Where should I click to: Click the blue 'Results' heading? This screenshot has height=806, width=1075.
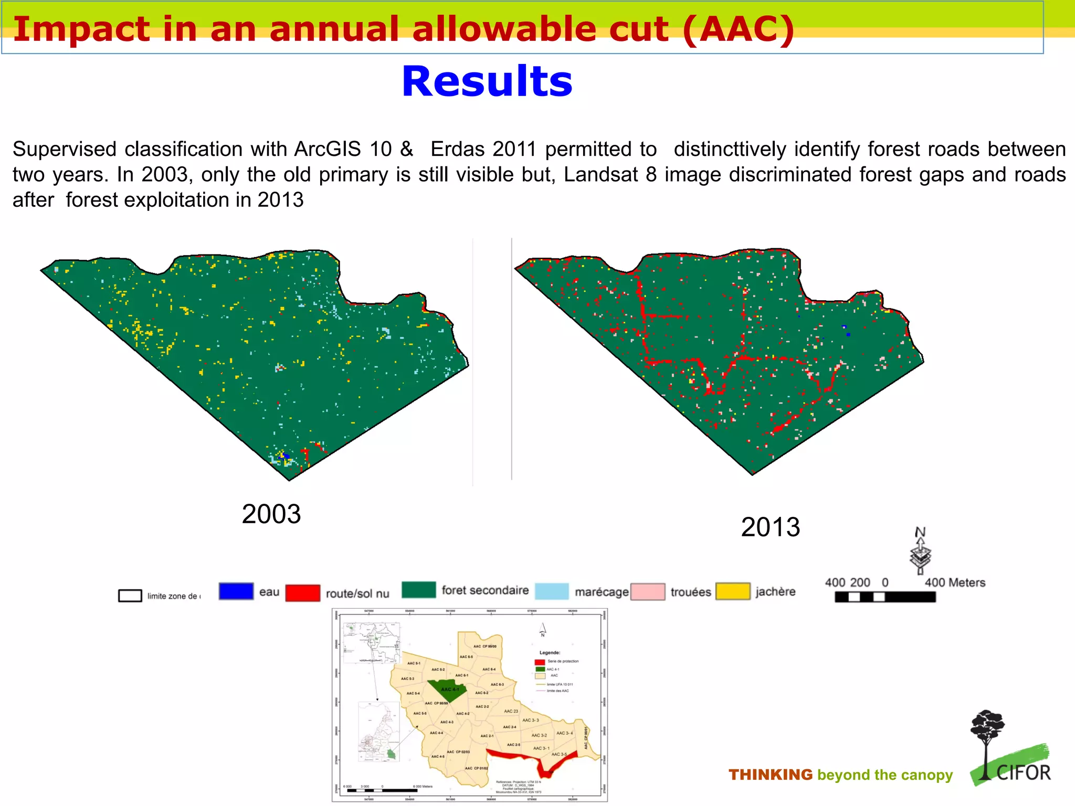tap(487, 82)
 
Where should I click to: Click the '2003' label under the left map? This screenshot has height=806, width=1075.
tap(271, 514)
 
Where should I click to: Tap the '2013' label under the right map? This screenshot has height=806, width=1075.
tap(770, 527)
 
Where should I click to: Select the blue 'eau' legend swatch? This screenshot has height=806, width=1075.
tap(236, 591)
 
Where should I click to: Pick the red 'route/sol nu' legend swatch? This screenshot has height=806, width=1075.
tap(303, 593)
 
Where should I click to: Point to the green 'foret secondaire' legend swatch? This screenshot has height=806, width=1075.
tap(418, 590)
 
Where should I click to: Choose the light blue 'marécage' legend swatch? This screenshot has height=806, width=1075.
tap(552, 591)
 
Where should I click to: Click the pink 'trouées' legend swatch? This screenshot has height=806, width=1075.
tap(648, 591)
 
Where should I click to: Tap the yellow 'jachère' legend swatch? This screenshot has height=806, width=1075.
tap(733, 591)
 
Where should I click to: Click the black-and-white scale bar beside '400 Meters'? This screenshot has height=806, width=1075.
tap(885, 597)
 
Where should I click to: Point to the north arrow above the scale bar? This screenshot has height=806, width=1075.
tap(920, 552)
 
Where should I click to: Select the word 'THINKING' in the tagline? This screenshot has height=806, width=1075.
tap(770, 775)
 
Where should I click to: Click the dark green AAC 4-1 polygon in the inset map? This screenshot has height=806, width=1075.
tap(446, 690)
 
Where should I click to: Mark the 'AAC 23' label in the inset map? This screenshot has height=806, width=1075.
tap(511, 711)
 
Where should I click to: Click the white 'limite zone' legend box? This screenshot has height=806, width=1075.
tap(130, 596)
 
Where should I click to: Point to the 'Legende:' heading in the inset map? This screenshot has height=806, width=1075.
tap(550, 652)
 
